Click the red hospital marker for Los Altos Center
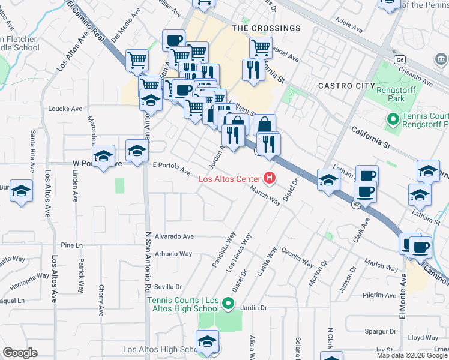(270, 178)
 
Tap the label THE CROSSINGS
(266, 28)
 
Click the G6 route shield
(399, 60)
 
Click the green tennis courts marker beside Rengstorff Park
(393, 120)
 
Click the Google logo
(20, 353)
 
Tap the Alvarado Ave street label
(173, 236)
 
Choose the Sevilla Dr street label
(167, 287)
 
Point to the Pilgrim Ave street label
(376, 295)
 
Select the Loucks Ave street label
(65, 109)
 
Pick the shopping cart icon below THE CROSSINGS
(261, 48)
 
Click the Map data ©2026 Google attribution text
(412, 355)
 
